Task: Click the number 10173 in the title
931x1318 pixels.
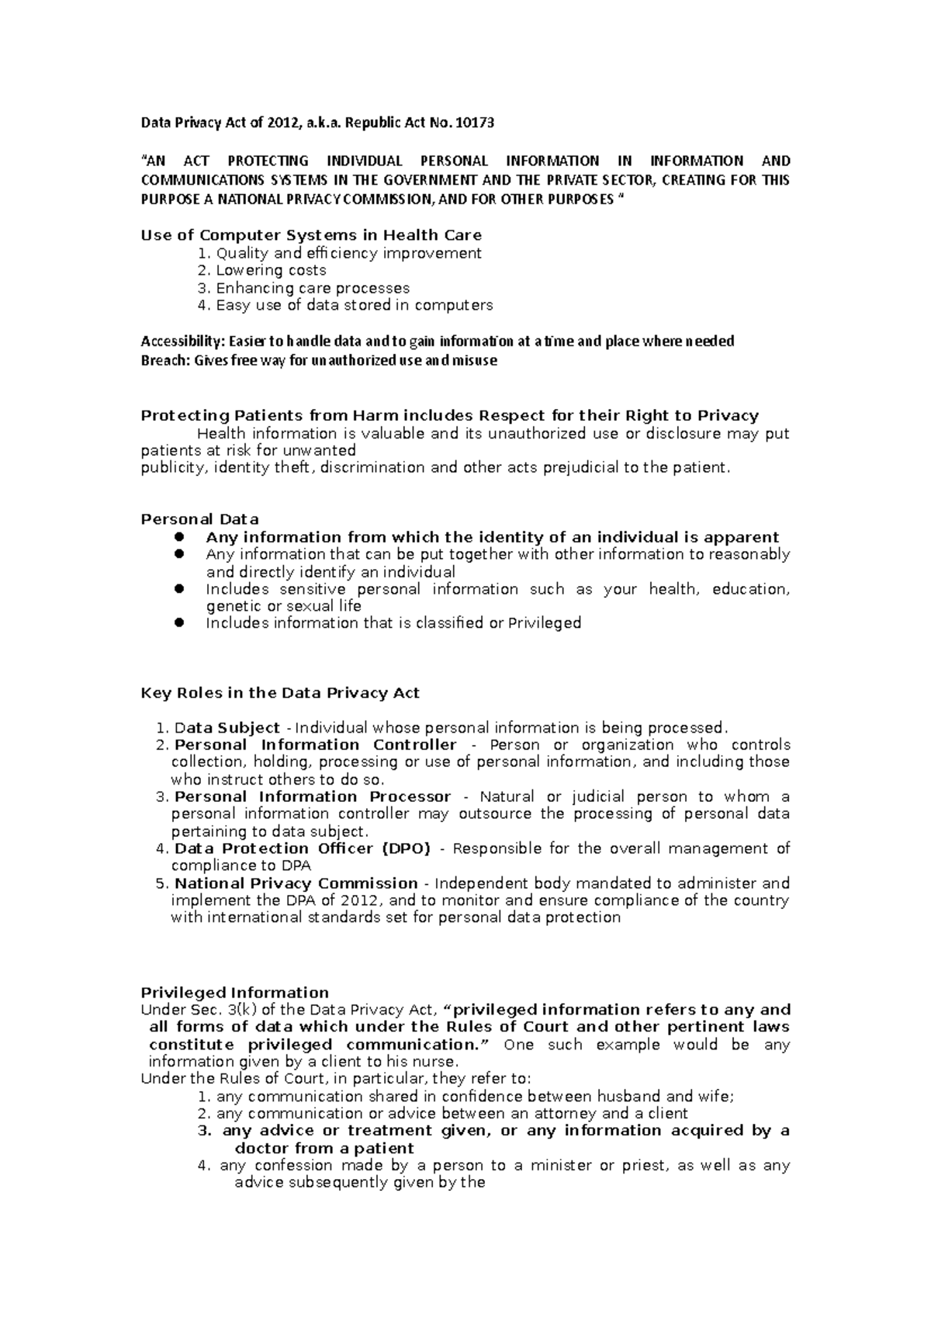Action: click(475, 123)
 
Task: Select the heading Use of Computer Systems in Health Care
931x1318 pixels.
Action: click(311, 235)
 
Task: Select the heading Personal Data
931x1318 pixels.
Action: click(199, 519)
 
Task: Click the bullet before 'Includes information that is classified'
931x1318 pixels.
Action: click(179, 623)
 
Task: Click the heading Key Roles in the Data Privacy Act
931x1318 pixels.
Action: click(279, 693)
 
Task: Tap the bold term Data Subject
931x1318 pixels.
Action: click(227, 728)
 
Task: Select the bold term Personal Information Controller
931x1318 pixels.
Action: click(315, 745)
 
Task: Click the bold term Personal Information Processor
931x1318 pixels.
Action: click(312, 796)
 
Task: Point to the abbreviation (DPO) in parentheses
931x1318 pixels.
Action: click(405, 848)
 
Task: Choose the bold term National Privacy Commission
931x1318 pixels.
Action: click(296, 883)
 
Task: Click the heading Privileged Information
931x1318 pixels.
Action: click(234, 993)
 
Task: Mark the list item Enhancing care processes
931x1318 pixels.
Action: click(312, 288)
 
